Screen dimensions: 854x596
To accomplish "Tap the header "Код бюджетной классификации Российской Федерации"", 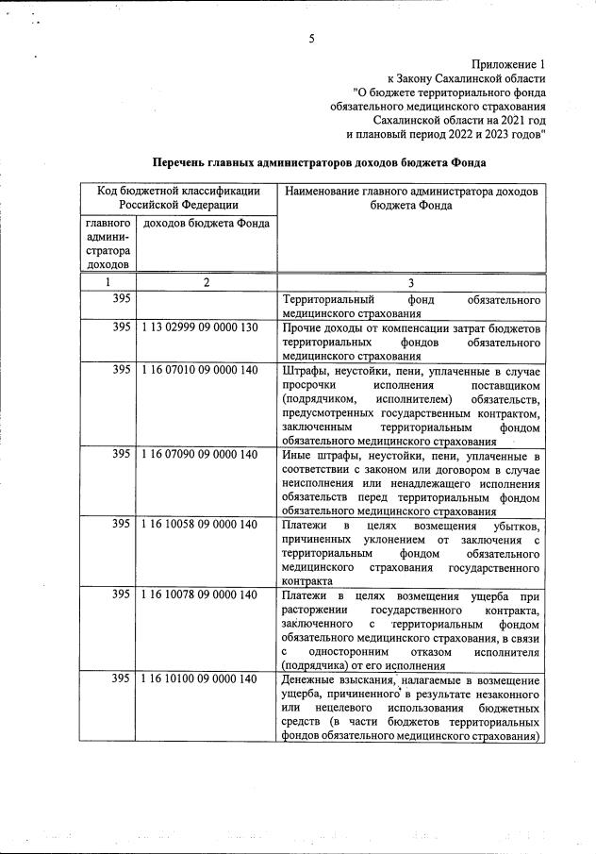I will coord(178,197).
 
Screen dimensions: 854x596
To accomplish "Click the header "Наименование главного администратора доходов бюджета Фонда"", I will coord(411,197).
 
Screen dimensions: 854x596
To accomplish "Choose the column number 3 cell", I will coord(411,282).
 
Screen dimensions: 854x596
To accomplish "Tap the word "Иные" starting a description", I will coord(296,455).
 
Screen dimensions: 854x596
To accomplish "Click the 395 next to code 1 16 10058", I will coord(121,524).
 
